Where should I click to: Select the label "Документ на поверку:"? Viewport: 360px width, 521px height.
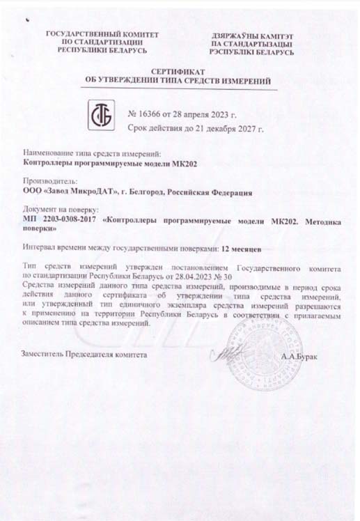point(61,209)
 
